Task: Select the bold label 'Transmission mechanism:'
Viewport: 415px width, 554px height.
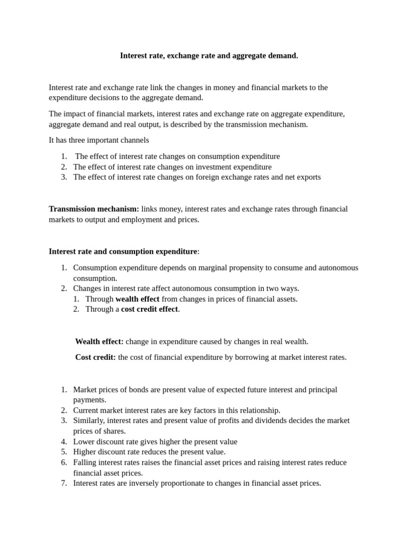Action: point(93,209)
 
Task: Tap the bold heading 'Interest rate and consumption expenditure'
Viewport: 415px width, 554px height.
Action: point(123,252)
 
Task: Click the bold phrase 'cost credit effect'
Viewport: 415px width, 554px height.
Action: point(149,309)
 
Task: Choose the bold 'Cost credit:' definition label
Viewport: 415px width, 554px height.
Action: point(95,357)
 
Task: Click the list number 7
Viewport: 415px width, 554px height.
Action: point(63,483)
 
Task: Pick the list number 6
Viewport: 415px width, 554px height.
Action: point(63,463)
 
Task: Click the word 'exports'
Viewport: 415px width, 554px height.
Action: point(307,177)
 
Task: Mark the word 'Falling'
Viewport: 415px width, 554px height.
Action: point(86,463)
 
